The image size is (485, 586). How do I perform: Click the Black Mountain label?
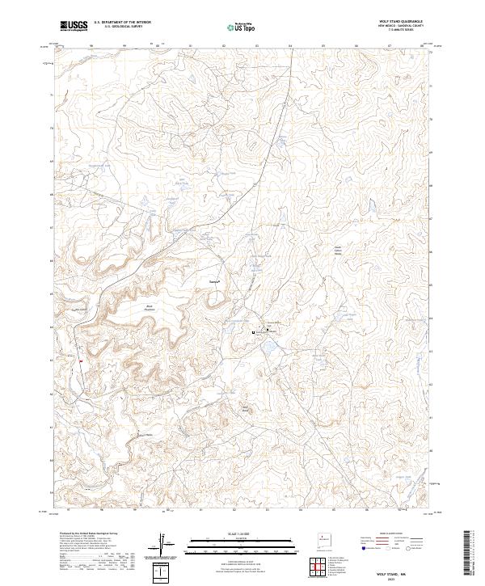(x=150, y=307)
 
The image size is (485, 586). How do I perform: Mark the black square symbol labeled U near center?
(x=254, y=332)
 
